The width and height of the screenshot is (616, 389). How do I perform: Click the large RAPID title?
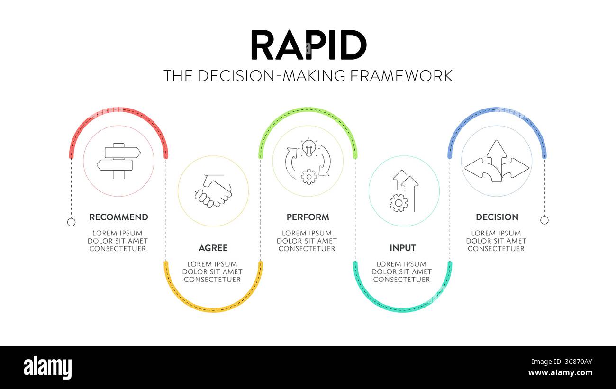308,45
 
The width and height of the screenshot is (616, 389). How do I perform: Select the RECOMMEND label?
118,217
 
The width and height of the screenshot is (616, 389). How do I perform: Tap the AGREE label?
213,248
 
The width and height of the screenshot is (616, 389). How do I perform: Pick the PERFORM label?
308,217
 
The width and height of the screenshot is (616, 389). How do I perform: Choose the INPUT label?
402,248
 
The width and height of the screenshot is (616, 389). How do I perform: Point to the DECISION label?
497,217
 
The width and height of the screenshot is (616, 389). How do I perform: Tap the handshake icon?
213,191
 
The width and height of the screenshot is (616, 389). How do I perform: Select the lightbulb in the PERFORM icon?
309,147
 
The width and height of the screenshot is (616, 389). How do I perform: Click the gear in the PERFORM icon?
309,176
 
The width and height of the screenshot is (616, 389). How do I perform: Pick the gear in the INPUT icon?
398,203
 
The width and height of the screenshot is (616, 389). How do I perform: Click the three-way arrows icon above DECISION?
497,161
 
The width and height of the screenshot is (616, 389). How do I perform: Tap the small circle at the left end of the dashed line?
71,222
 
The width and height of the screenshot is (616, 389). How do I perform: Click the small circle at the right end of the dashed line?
544,220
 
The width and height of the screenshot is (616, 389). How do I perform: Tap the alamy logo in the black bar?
47,368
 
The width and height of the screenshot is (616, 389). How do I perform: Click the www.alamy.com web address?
561,373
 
